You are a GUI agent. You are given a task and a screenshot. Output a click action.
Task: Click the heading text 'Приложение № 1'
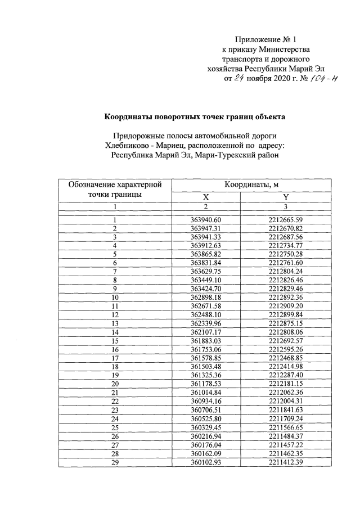[x=264, y=40]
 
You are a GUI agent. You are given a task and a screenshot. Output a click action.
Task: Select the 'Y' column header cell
[x=286, y=197]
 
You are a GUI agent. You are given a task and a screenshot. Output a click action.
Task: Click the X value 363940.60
[x=206, y=219]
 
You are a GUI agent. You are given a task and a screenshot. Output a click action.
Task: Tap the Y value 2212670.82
[x=286, y=228]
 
